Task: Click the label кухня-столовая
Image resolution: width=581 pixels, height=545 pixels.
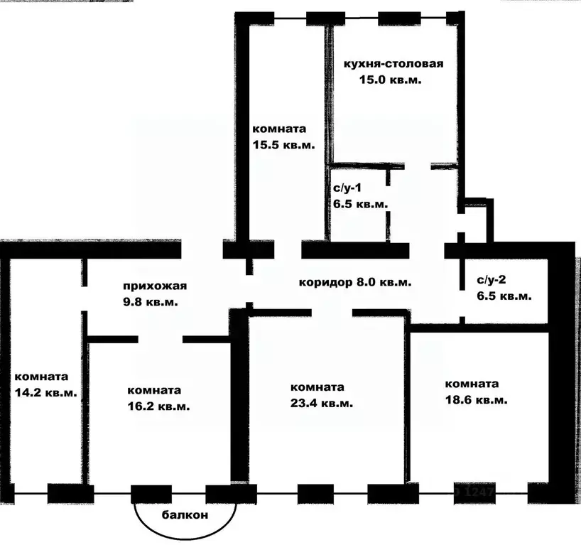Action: click(393, 64)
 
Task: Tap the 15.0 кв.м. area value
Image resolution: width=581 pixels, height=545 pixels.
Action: click(390, 80)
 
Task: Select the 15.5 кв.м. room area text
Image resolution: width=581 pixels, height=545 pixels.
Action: click(284, 145)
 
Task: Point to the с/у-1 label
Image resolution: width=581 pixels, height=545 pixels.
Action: click(347, 188)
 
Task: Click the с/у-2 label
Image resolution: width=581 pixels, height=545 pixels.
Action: click(492, 279)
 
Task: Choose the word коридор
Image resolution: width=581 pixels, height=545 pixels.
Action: click(326, 283)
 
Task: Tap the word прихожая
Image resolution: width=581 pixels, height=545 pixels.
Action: click(155, 286)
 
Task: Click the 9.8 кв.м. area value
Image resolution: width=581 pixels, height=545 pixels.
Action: click(151, 302)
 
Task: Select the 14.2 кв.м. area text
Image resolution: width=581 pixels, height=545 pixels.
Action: click(46, 393)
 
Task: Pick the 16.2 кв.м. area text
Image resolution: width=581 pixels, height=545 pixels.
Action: click(158, 406)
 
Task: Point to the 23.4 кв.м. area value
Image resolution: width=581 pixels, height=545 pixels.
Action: click(322, 404)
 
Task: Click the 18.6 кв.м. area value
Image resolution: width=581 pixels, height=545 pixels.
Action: click(477, 401)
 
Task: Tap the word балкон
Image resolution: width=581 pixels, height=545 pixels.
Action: click(185, 515)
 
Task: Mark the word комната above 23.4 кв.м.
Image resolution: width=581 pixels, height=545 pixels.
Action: click(317, 387)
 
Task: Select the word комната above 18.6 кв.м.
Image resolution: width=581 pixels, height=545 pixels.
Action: click(472, 384)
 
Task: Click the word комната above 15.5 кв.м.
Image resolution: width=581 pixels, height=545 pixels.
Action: click(279, 129)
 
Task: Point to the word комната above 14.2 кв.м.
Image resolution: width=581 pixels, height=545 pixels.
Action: click(41, 377)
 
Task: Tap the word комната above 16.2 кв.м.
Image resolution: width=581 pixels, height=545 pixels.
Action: click(154, 391)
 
